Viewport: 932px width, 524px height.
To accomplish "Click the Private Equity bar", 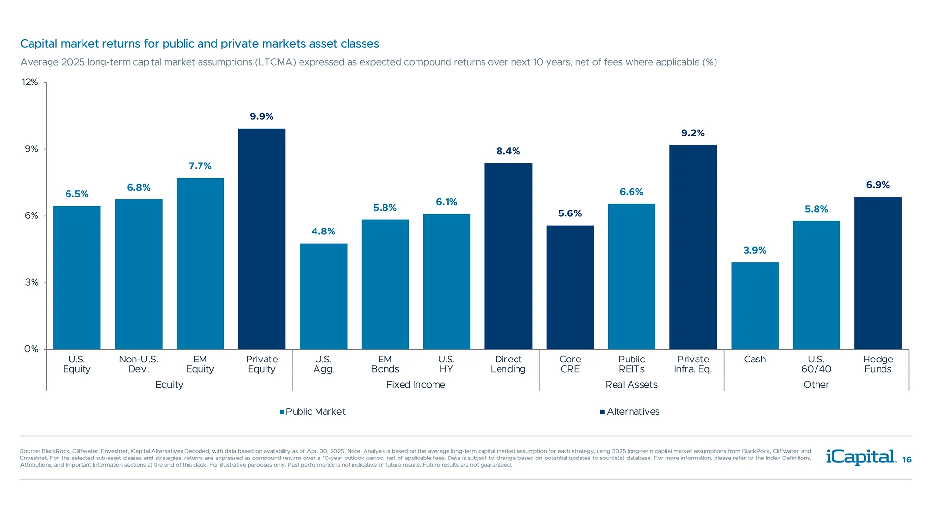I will point(262,239).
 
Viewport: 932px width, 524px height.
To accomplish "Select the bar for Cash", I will point(754,306).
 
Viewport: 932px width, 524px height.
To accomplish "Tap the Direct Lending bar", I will point(508,256).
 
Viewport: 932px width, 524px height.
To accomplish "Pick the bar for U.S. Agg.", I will point(323,296).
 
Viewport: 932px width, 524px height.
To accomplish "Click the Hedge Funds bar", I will point(878,273).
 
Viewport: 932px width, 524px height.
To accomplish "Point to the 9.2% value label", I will point(693,133).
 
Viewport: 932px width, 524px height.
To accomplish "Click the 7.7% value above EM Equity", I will point(200,166).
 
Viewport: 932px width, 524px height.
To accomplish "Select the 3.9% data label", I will point(754,250).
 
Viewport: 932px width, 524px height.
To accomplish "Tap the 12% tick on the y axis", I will point(30,82).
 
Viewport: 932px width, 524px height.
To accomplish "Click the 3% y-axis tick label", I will point(32,282).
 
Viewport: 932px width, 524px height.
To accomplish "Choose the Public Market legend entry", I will point(313,412).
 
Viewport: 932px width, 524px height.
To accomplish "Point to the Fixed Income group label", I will point(416,385).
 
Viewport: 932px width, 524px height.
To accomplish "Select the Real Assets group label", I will point(631,385).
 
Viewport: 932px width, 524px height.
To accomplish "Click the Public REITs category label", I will point(631,364).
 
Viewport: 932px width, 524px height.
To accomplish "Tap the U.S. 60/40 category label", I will point(816,364).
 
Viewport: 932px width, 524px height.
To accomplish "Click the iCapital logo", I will point(861,457).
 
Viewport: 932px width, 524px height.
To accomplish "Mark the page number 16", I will point(907,460).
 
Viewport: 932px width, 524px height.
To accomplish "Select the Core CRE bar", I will point(570,287).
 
